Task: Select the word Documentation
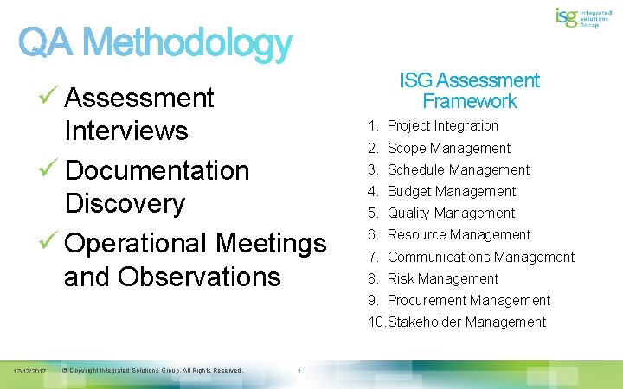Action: pos(157,169)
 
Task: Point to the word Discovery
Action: pos(125,204)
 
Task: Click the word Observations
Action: pos(199,277)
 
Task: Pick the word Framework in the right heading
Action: pos(470,101)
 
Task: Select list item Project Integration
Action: pos(442,126)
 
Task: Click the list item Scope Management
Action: pos(448,149)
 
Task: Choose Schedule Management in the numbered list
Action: pos(458,170)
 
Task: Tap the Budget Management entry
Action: pos(451,192)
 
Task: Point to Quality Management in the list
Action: pos(451,214)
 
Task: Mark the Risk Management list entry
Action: pos(442,279)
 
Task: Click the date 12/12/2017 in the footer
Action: pos(29,371)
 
